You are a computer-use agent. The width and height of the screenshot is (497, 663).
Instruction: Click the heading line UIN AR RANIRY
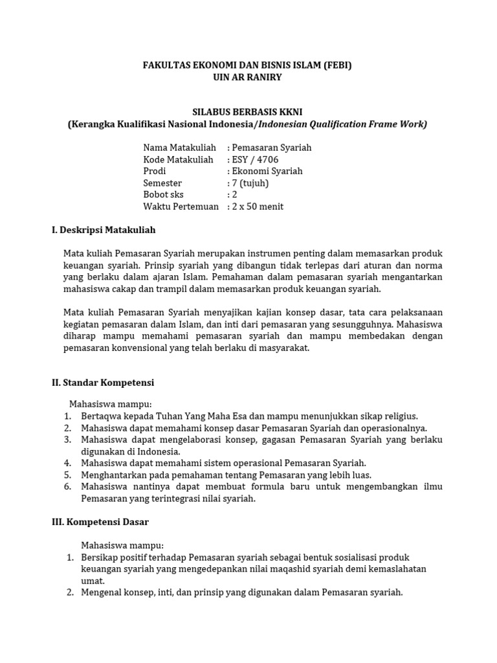248,77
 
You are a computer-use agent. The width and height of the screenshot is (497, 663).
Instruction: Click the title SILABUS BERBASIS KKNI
248,111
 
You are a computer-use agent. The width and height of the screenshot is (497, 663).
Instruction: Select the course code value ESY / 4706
256,159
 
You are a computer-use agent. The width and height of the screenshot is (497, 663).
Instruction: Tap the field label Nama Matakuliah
179,148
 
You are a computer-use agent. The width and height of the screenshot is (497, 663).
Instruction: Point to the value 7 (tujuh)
250,183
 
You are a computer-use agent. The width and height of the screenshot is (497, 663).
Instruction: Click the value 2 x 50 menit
258,207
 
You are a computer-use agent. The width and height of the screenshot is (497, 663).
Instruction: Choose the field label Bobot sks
163,194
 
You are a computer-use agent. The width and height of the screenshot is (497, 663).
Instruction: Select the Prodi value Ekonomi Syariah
267,171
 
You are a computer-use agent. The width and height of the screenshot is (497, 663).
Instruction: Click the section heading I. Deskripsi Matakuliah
104,230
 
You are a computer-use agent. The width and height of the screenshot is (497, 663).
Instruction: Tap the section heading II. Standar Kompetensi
103,383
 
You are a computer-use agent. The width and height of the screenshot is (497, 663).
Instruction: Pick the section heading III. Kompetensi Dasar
100,521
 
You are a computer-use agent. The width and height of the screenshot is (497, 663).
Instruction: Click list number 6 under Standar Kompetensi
67,487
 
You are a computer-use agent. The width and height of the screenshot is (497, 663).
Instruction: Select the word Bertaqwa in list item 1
101,416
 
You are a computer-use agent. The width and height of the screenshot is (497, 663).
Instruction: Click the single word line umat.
92,581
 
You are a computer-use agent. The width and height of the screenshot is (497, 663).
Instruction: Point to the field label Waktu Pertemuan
181,207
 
